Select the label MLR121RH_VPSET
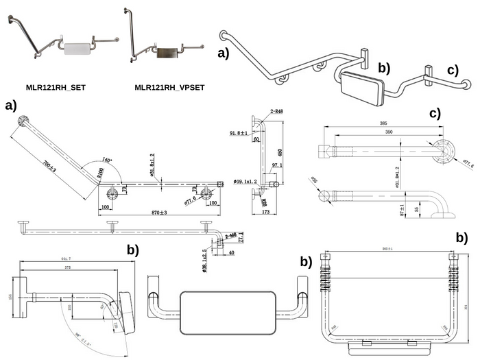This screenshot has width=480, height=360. click(169, 88)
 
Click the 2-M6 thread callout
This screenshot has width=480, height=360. click(231, 235)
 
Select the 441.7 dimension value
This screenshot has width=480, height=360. click(66, 259)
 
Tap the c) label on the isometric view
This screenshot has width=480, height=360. click(453, 70)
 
